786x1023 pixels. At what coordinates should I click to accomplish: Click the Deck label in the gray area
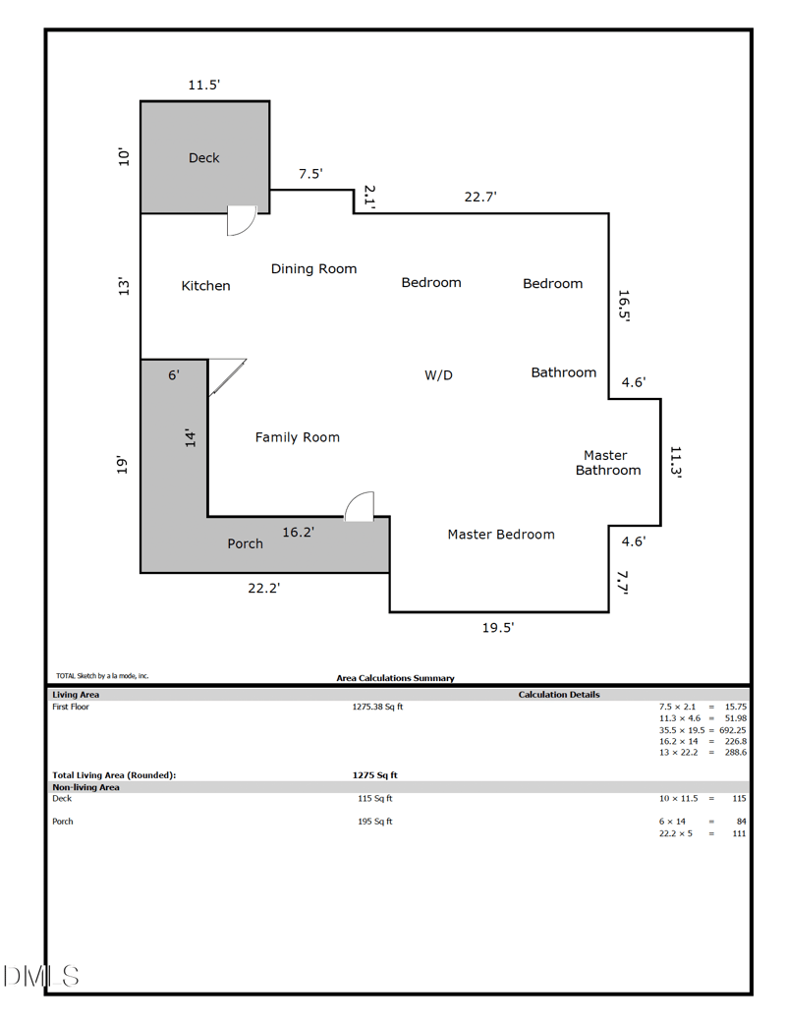pyautogui.click(x=203, y=157)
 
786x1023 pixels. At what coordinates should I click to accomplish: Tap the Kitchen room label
pyautogui.click(x=206, y=286)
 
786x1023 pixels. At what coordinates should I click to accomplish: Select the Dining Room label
pyautogui.click(x=313, y=268)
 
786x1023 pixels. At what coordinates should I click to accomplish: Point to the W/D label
pyautogui.click(x=438, y=374)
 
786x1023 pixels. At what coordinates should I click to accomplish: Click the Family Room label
pyautogui.click(x=297, y=437)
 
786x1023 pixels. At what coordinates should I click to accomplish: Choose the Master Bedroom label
pyautogui.click(x=501, y=535)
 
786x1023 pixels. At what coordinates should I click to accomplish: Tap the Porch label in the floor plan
pyautogui.click(x=245, y=543)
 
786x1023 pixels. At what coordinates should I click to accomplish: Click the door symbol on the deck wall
pyautogui.click(x=240, y=221)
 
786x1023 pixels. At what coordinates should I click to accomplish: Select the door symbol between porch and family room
pyautogui.click(x=360, y=506)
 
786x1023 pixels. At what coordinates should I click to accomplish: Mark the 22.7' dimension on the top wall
pyautogui.click(x=480, y=197)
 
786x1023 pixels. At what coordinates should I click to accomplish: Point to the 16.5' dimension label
pyautogui.click(x=623, y=305)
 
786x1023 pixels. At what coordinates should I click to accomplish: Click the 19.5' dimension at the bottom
pyautogui.click(x=497, y=627)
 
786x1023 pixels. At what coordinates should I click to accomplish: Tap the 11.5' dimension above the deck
pyautogui.click(x=203, y=85)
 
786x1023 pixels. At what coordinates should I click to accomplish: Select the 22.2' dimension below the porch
pyautogui.click(x=263, y=589)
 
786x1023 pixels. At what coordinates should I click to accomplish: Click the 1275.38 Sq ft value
pyautogui.click(x=377, y=707)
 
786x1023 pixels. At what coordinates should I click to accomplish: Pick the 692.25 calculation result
pyautogui.click(x=727, y=730)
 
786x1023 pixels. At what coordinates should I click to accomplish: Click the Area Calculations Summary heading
pyautogui.click(x=395, y=678)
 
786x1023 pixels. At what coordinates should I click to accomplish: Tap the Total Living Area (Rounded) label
pyautogui.click(x=114, y=775)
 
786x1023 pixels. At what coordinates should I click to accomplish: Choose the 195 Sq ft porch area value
pyautogui.click(x=374, y=822)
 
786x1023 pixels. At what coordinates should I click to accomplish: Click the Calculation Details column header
pyautogui.click(x=558, y=695)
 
